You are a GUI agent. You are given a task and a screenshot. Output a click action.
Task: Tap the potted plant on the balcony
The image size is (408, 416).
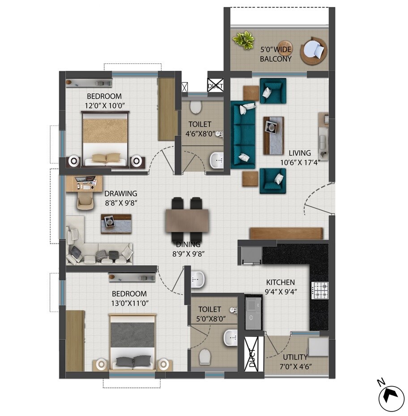click(x=243, y=41)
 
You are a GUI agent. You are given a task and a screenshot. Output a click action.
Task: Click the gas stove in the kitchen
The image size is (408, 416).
click(x=320, y=290)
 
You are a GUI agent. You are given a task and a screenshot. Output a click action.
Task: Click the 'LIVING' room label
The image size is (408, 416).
click(x=299, y=153)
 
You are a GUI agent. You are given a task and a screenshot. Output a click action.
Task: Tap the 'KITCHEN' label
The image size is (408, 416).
click(x=280, y=282)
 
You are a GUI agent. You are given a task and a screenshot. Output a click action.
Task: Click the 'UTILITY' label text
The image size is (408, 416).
click(x=295, y=357)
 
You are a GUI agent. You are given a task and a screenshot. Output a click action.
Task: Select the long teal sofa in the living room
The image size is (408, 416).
click(x=242, y=134)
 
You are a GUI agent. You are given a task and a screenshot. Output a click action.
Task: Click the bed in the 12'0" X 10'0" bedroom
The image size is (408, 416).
click(x=106, y=139)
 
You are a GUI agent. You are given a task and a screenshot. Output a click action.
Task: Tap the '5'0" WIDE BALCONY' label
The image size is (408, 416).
click(x=276, y=54)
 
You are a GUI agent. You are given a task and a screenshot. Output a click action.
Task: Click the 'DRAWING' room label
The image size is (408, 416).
click(x=121, y=194)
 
